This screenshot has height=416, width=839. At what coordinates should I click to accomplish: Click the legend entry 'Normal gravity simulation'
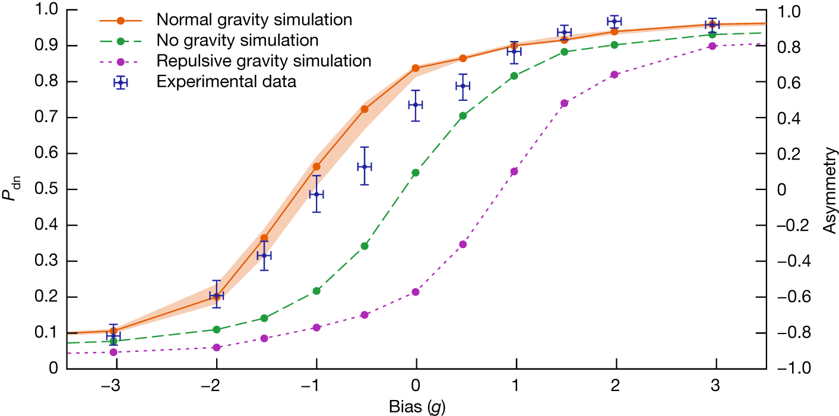point(254,20)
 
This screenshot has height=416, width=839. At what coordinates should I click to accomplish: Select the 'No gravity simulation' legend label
point(238,40)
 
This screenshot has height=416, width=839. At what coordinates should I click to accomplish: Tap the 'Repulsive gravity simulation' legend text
point(264,61)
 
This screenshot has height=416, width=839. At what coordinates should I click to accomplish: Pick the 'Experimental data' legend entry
point(226,82)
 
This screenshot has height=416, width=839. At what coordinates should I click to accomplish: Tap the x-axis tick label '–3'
point(113,385)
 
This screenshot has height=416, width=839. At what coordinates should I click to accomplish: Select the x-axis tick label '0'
point(416,385)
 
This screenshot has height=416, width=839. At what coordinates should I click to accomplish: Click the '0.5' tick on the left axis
point(50,189)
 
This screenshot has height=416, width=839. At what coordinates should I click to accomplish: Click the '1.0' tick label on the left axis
point(50,10)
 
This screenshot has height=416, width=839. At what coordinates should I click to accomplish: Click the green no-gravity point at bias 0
point(416,173)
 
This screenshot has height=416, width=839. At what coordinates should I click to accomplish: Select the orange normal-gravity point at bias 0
point(416,68)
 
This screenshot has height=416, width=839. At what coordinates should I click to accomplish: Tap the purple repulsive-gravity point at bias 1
point(514,172)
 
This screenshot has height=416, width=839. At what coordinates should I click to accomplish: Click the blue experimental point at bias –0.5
point(365,166)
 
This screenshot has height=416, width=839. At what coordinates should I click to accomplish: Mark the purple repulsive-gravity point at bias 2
point(615,75)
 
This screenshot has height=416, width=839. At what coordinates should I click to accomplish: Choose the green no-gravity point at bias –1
point(316,291)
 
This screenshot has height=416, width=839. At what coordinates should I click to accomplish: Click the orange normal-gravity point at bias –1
point(316,167)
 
